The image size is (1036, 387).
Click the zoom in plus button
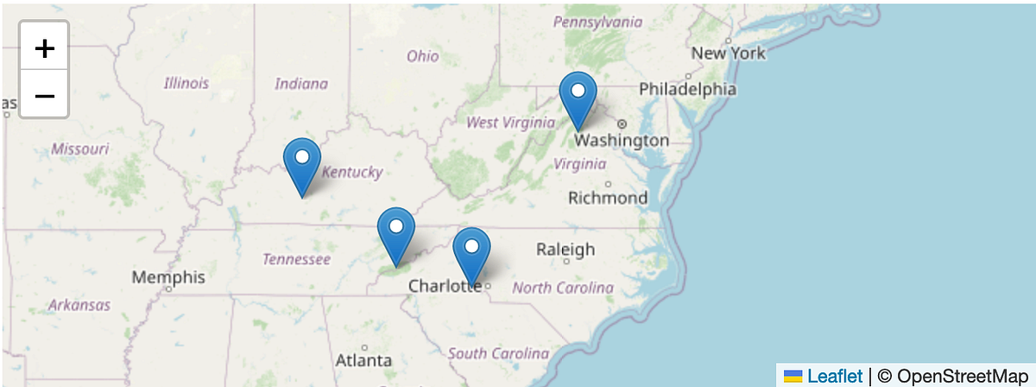click(44, 48)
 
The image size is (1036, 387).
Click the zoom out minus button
click(44, 94)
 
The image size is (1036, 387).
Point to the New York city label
click(728, 54)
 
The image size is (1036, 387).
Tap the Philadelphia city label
click(687, 89)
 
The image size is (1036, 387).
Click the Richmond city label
click(608, 198)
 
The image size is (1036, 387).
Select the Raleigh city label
click(565, 250)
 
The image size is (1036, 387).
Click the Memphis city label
click(168, 277)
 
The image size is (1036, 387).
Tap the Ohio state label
click(423, 56)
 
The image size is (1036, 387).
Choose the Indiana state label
click(301, 84)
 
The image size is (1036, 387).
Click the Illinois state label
click(186, 84)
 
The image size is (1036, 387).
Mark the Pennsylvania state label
click(598, 22)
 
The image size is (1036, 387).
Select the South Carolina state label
click(498, 353)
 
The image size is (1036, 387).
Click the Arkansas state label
click(79, 305)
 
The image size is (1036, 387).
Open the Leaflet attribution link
click(834, 376)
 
